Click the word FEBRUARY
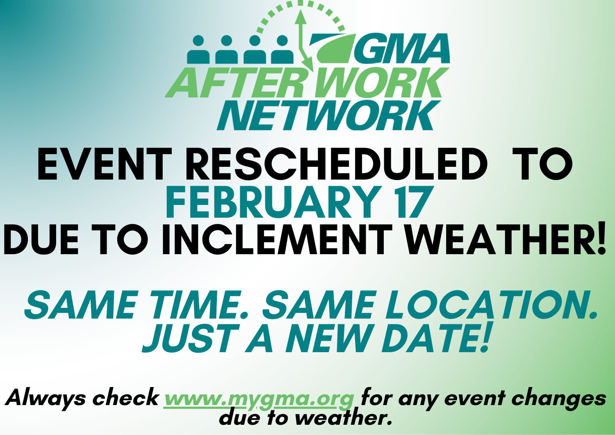pos(272,203)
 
